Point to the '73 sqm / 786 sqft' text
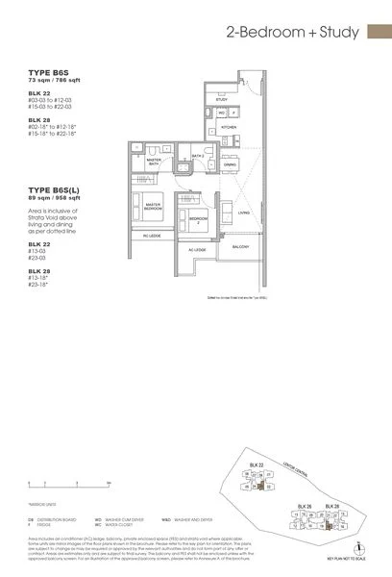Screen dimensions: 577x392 pos(55,79)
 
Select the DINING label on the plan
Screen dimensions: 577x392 pos(229,164)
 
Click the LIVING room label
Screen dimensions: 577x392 pos(243,213)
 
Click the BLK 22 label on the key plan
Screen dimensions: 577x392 pos(255,464)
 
